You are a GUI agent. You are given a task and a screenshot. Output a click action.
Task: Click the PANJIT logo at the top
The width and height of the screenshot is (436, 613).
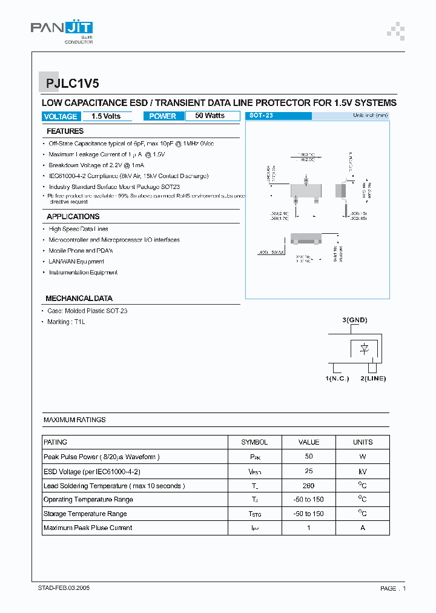coord(62,28)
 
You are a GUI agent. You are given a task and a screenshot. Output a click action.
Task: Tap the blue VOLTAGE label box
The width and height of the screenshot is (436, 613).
coord(61,116)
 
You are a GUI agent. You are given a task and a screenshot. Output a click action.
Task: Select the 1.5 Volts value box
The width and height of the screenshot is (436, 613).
coord(106,116)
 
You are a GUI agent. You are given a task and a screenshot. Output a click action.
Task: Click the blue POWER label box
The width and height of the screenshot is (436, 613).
coord(162,116)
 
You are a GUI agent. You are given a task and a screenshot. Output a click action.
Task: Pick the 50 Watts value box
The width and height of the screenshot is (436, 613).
coord(210,116)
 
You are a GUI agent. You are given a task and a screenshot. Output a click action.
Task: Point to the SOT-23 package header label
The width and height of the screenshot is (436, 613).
coord(262,115)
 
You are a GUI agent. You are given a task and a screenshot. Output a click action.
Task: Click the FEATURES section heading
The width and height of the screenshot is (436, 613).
coord(65,131)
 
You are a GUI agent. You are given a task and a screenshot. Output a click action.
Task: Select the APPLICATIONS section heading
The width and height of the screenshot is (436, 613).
coord(73,217)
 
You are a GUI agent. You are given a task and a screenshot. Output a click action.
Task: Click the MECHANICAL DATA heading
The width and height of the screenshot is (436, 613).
coord(79,299)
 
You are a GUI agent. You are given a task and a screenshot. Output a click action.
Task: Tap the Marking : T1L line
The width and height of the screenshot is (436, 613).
coord(67,322)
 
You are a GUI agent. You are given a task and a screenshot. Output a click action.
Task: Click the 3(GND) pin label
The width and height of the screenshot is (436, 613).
coord(355,320)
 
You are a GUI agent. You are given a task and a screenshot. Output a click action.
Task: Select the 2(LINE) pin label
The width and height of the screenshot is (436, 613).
coord(373,379)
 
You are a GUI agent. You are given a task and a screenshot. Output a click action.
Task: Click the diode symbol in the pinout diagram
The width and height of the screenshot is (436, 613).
coord(365,348)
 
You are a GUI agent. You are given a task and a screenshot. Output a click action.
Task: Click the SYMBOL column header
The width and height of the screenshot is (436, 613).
coord(254,442)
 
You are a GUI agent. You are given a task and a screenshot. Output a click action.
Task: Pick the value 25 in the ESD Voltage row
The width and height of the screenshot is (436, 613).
coord(309,471)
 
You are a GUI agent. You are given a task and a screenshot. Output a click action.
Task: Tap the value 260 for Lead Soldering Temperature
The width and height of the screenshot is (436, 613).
coord(309,485)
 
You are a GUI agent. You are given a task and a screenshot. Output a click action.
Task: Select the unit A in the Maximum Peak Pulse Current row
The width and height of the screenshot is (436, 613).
coord(363,528)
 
